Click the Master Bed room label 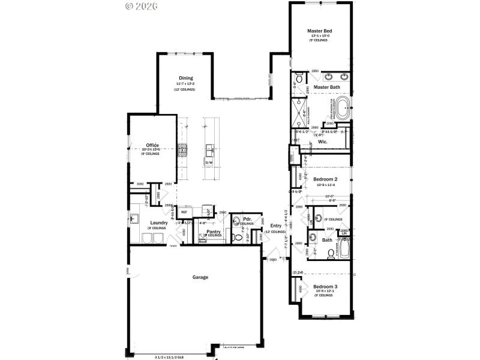(x=319, y=31)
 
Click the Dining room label (x=185, y=77)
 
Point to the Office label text (x=152, y=145)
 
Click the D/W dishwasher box (x=209, y=163)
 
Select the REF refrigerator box (x=184, y=212)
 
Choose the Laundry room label (x=158, y=223)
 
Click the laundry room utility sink (x=134, y=219)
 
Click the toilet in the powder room (x=239, y=238)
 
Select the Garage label (x=200, y=277)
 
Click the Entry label (x=275, y=226)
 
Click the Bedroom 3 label (x=325, y=286)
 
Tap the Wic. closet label (x=322, y=142)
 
